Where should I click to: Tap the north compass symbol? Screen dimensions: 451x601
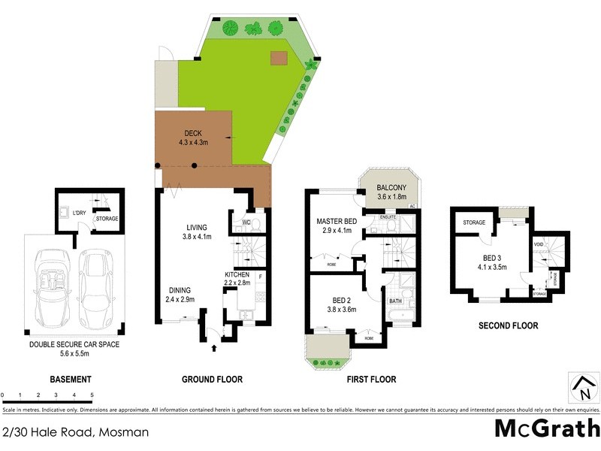tap(582, 388)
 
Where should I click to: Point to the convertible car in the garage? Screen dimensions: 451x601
tap(50, 285)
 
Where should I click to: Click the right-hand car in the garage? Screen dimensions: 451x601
tap(95, 286)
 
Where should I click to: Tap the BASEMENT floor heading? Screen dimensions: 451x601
tap(70, 380)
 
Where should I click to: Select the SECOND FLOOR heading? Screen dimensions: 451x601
tap(509, 326)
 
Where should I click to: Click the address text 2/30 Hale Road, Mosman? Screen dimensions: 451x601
tap(75, 432)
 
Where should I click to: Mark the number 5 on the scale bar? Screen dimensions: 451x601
tap(92, 394)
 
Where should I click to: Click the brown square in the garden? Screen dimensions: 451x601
tap(280, 58)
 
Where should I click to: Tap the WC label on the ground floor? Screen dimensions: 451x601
tap(246, 222)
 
